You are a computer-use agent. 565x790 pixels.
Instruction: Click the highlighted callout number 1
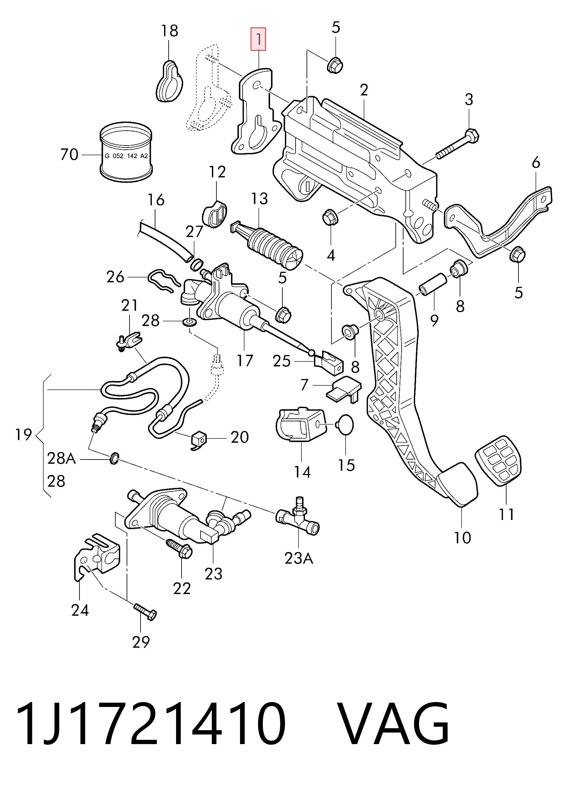[258, 39]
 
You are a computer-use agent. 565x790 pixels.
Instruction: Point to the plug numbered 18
[169, 81]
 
